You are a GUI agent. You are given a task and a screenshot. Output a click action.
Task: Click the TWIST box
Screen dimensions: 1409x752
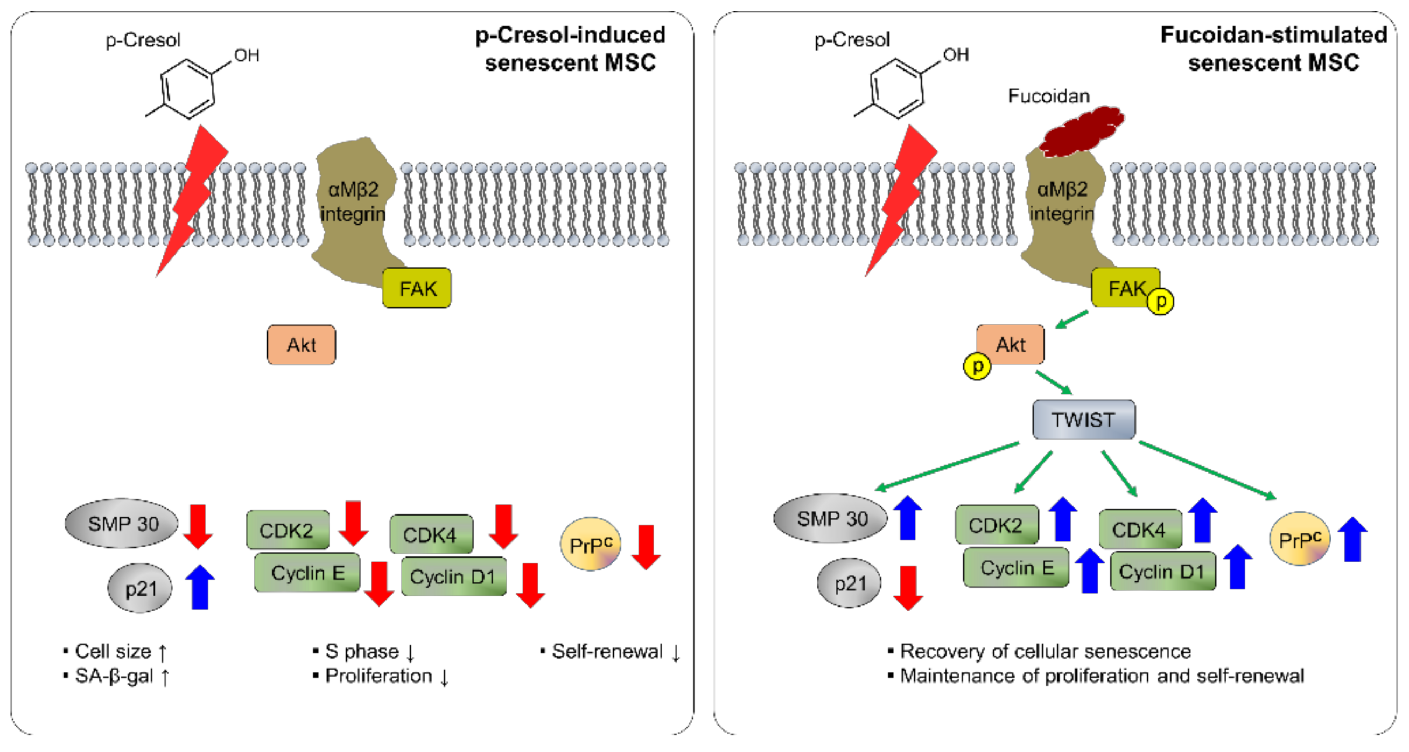(1083, 419)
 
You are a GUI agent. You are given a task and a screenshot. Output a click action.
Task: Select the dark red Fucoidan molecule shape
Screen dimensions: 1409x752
(1081, 131)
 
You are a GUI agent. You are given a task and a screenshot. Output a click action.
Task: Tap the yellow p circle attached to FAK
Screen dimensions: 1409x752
(1160, 301)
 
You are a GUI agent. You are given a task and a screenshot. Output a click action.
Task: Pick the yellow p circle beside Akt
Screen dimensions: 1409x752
(977, 366)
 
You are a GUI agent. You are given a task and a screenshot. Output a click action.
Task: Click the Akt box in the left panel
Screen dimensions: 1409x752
(302, 345)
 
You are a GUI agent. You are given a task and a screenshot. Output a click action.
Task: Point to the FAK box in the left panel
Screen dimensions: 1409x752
(417, 288)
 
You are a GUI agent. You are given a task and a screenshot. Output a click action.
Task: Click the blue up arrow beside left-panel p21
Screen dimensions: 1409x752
(200, 587)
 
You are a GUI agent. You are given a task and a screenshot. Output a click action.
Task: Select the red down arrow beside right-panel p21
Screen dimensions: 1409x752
(908, 588)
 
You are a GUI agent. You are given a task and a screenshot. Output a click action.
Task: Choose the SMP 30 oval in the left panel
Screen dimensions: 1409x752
(122, 524)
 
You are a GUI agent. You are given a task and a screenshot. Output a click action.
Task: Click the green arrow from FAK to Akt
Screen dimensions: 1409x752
(1071, 319)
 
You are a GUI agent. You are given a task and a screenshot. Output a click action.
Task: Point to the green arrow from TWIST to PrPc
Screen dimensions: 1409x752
(1208, 471)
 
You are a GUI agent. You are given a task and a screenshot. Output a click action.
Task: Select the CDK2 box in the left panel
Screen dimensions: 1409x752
(288, 530)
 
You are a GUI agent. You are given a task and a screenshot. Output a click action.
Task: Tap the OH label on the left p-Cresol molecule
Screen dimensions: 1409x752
(247, 55)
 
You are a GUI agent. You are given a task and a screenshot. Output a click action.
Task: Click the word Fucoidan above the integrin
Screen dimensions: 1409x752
(1049, 96)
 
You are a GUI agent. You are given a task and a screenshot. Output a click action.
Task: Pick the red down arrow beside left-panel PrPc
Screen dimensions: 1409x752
(646, 547)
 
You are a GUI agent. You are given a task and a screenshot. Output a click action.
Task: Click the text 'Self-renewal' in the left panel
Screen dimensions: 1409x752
(607, 651)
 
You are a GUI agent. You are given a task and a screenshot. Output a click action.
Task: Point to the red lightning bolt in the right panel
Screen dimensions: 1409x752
(900, 200)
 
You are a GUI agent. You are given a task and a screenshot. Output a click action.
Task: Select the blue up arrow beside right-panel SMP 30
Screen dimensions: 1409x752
(907, 518)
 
